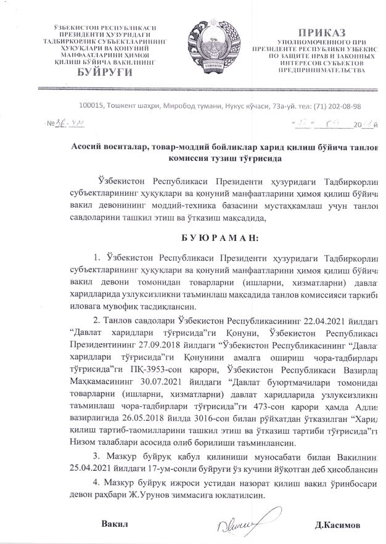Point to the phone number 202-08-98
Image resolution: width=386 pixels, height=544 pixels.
[x=342, y=106]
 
